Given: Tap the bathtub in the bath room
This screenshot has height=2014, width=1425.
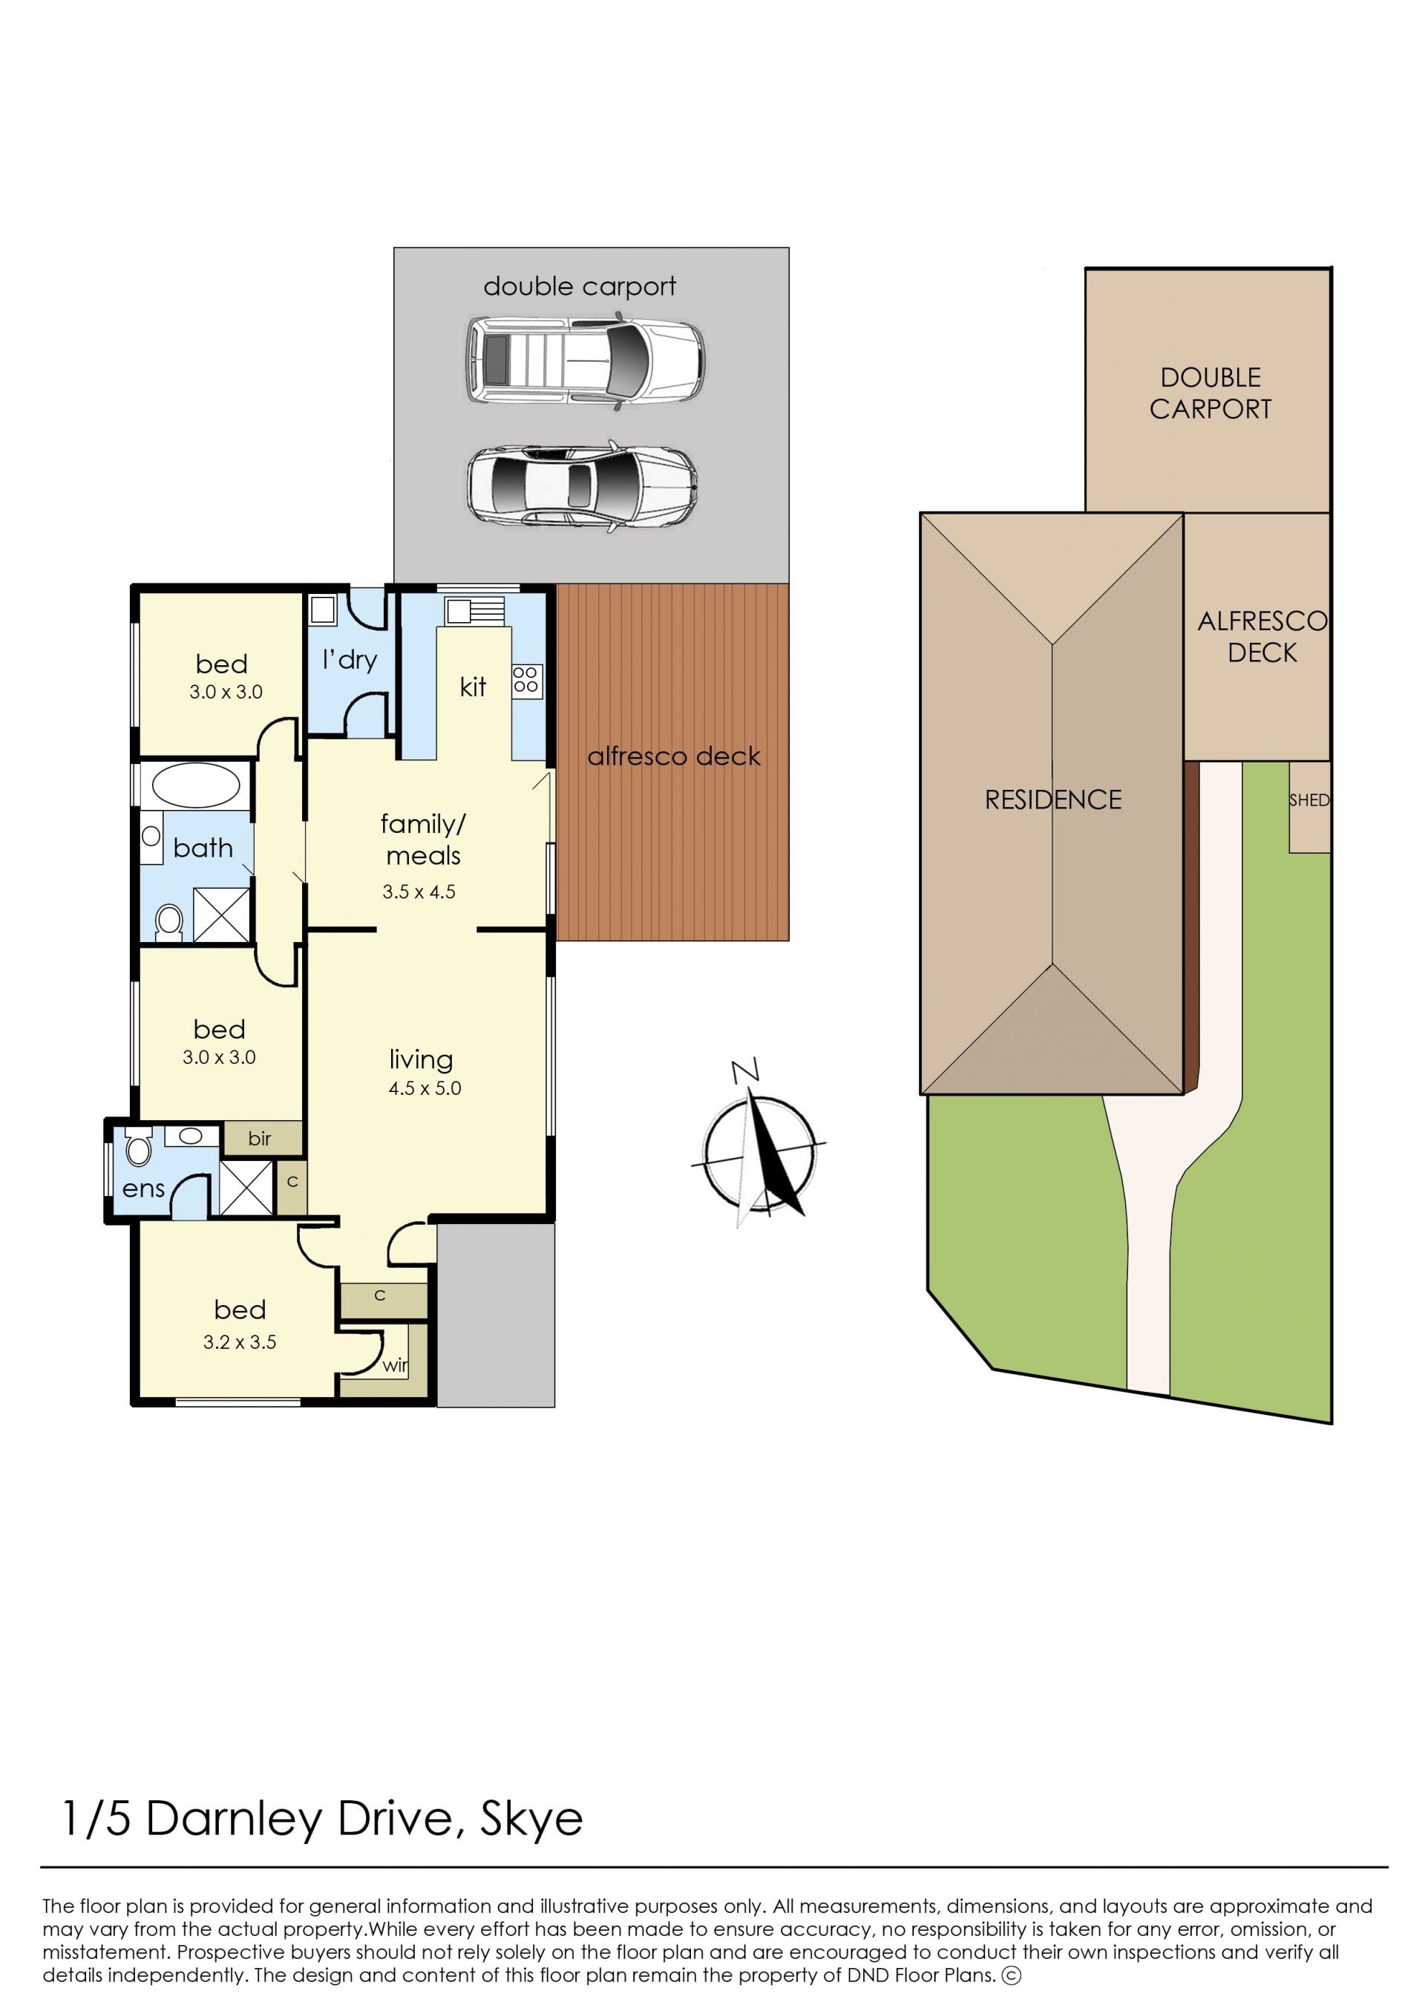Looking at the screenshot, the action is coord(196,785).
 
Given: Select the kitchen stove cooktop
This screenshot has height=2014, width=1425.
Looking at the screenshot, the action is coord(526,680).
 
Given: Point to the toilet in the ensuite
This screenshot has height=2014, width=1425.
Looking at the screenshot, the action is coord(139,1146).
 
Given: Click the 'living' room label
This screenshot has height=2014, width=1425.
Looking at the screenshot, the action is coord(421,1059).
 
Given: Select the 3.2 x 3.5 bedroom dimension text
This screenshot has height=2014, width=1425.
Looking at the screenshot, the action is coord(240,1341).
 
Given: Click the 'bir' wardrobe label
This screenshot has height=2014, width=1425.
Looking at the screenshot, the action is coord(260,1138).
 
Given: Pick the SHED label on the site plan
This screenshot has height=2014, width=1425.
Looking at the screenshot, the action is coord(1309,800).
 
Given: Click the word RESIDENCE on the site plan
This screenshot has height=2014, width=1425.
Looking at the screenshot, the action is coord(1053,800).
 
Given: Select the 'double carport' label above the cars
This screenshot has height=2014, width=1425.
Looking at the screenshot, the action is coord(580,287).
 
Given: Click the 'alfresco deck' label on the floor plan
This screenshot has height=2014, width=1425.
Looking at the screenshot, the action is coord(674,756).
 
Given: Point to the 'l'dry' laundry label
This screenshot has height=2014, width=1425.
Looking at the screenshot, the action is coord(350,660).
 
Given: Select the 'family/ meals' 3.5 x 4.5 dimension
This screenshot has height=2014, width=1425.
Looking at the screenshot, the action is coord(419,892).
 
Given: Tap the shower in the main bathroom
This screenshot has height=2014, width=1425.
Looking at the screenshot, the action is coord(221,914).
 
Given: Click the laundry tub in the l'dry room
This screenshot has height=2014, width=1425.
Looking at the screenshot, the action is coord(323,610).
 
